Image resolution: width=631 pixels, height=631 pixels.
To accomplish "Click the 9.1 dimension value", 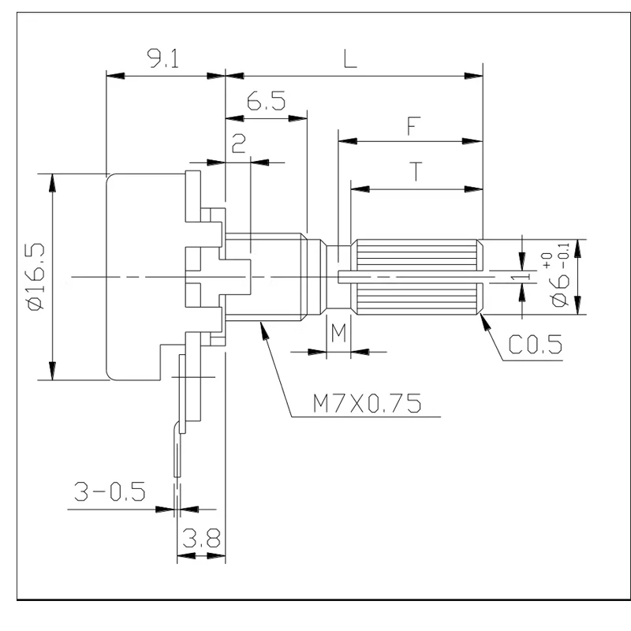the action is (164, 58).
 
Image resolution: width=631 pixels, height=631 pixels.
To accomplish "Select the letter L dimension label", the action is (350, 58).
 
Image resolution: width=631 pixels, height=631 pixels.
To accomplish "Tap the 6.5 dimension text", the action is (266, 101).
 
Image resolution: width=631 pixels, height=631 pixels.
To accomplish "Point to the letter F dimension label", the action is (413, 125).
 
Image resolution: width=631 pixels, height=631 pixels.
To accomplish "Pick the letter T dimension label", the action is (416, 172).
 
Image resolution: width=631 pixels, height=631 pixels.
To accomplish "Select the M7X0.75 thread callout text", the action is (367, 403).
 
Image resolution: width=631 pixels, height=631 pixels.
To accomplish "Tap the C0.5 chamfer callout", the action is (536, 345).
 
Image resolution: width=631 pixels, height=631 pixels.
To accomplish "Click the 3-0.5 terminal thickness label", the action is (110, 491).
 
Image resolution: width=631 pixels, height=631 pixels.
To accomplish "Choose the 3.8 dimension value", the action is (201, 539).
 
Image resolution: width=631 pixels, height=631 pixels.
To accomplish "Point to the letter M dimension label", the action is (338, 333).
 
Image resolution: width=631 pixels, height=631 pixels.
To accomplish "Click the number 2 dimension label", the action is (239, 144).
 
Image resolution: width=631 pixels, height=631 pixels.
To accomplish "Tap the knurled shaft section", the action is (417, 277).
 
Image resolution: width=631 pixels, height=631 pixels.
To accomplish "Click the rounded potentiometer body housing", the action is (146, 277).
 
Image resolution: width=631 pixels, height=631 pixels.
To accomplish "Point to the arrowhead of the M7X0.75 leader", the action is (264, 330).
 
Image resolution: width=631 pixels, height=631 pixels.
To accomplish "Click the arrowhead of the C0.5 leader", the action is (485, 322).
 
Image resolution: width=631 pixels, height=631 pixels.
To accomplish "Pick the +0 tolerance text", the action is (547, 260).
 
